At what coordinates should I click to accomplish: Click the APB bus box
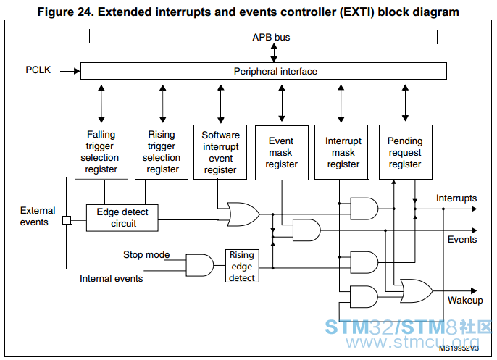coord(263,37)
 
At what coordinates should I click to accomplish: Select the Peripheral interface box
coord(264,71)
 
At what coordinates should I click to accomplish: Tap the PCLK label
coord(38,70)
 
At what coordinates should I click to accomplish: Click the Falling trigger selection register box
coord(101,152)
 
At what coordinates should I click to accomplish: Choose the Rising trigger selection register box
coord(162,152)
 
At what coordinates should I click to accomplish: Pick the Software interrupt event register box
coord(220,152)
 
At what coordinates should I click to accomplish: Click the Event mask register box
coord(282,153)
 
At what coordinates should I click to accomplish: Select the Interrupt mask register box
coord(341,152)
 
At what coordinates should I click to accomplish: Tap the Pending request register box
coord(406,152)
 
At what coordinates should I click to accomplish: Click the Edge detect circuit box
coord(122,218)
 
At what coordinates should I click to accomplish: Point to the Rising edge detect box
coord(242,266)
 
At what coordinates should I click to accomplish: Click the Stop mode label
coord(146,254)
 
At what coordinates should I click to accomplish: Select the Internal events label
coord(112,279)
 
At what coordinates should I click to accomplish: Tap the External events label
coord(38,216)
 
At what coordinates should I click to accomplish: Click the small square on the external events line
coord(67,220)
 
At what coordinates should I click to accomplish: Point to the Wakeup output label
coord(465,300)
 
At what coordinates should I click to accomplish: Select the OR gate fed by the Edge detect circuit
coord(243,214)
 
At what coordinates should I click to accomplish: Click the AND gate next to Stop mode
coord(200,265)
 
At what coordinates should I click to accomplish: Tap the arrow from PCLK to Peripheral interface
coord(70,71)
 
